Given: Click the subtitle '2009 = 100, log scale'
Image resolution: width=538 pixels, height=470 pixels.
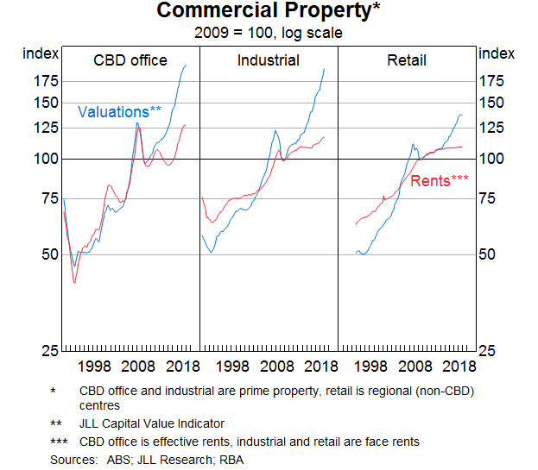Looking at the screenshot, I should tap(269, 33).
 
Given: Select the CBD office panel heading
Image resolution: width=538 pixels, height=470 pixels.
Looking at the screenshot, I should tap(130, 60).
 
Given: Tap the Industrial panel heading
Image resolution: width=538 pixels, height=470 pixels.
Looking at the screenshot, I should tap(269, 60).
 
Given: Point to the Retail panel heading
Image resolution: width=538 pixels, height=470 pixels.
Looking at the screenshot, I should tap(407, 60).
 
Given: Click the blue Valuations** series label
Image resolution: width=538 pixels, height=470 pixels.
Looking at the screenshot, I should tap(119, 111).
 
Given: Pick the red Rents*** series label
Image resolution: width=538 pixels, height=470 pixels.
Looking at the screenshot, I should tap(439, 181).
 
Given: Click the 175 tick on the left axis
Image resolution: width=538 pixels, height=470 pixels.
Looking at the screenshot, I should tap(46, 81).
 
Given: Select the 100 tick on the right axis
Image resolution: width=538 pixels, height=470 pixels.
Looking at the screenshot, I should tap(491, 159).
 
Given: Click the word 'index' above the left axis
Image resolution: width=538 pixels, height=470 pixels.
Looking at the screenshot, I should tap(41, 53).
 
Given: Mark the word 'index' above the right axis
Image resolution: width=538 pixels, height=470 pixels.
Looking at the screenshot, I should tap(496, 53).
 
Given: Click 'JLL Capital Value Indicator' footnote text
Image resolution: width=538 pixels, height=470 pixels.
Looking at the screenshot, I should tap(152, 423).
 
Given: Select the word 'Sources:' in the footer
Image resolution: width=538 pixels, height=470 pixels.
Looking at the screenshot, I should tap(73, 459).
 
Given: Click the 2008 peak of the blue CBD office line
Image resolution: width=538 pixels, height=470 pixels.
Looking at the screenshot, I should tap(136, 122).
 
